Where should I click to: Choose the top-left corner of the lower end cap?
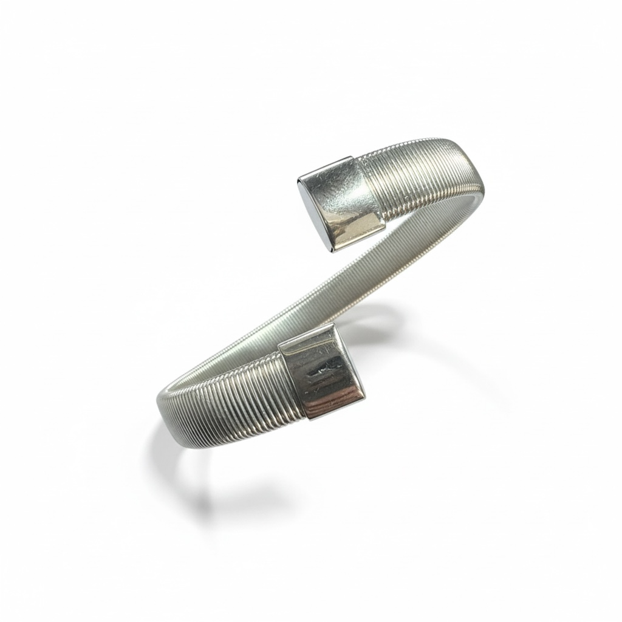tap(279, 344)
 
